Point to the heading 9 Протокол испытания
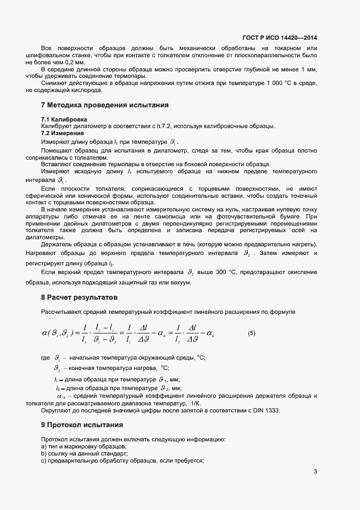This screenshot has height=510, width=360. tap(82, 424)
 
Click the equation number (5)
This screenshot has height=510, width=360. tap(252, 333)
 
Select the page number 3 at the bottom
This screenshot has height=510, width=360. tap(315, 471)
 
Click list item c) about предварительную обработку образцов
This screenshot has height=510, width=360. tap(122, 461)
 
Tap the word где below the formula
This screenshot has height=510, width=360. tap(46, 357)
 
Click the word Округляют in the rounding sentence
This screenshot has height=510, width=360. tap(58, 410)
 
